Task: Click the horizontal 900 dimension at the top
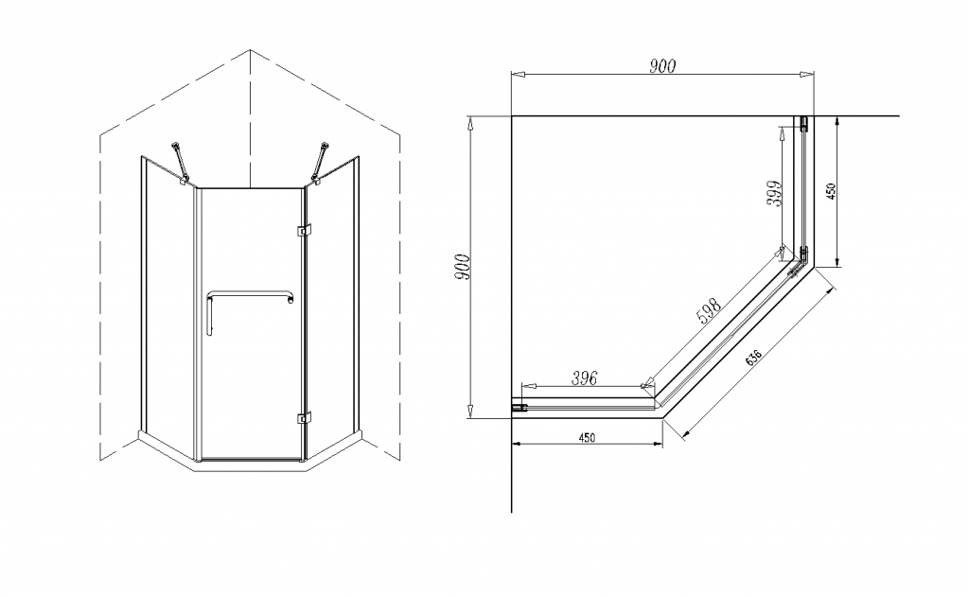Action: point(662,65)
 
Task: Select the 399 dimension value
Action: point(775,194)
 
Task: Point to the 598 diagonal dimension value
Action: point(709,313)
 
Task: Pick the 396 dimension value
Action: point(585,378)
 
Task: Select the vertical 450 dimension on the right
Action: point(831,191)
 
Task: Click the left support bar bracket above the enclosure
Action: point(180,161)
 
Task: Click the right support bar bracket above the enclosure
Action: point(322,161)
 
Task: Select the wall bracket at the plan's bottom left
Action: point(520,408)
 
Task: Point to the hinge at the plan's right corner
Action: point(801,256)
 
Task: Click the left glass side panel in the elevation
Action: point(168,303)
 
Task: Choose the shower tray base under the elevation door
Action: point(250,464)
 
